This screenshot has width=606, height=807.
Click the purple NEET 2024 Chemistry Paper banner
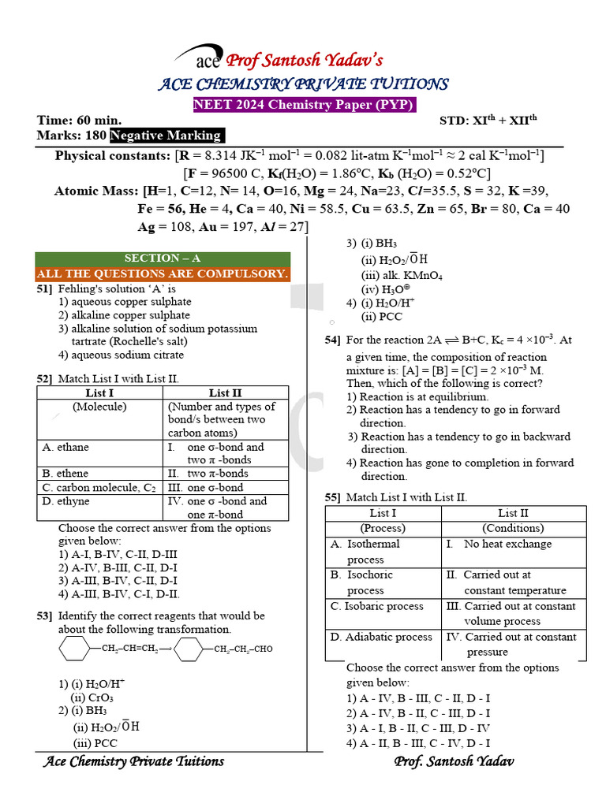point(305,105)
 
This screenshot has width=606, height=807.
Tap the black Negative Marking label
point(166,136)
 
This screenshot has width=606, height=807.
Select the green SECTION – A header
point(163,258)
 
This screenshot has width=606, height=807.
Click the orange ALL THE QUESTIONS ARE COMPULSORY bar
point(163,273)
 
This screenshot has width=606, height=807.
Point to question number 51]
point(44,288)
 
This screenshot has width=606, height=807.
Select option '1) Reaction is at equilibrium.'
point(417,396)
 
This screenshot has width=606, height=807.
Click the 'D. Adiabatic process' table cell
point(383,637)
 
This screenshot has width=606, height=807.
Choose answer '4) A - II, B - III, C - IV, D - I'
point(418,743)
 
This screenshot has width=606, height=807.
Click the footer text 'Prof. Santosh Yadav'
point(454,761)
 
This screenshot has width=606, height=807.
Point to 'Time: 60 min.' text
point(80,121)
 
